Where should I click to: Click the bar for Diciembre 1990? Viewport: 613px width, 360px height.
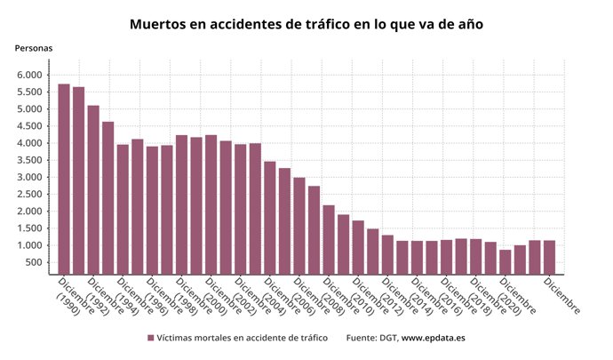click(x=64, y=179)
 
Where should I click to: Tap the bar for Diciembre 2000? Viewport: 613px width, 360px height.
click(x=211, y=204)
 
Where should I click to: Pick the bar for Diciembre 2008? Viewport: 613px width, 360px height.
click(x=329, y=240)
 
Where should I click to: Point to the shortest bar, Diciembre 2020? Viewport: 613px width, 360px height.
click(x=505, y=262)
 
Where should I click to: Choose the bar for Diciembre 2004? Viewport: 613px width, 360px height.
click(x=270, y=218)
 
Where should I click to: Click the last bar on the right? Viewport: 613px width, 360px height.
click(x=549, y=258)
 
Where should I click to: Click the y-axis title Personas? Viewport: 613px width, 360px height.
click(x=33, y=47)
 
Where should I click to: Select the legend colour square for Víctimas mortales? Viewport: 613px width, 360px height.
click(x=151, y=338)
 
